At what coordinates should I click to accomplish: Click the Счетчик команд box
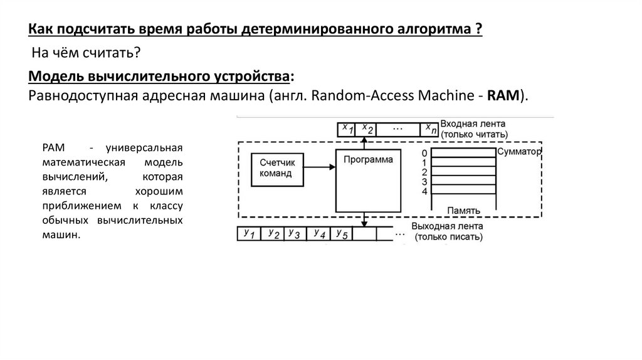pyautogui.click(x=276, y=167)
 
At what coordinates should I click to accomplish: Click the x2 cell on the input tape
pyautogui.click(x=369, y=129)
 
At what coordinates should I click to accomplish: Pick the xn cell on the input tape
pyautogui.click(x=429, y=129)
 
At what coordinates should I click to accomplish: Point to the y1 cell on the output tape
pyautogui.click(x=249, y=233)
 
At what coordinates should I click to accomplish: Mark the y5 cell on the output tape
pyautogui.click(x=342, y=233)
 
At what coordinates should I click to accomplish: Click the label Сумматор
pyautogui.click(x=518, y=152)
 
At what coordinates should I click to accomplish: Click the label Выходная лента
pyautogui.click(x=447, y=226)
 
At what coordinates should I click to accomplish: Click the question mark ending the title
pyautogui.click(x=478, y=29)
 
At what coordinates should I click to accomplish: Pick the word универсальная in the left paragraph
pyautogui.click(x=144, y=148)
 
